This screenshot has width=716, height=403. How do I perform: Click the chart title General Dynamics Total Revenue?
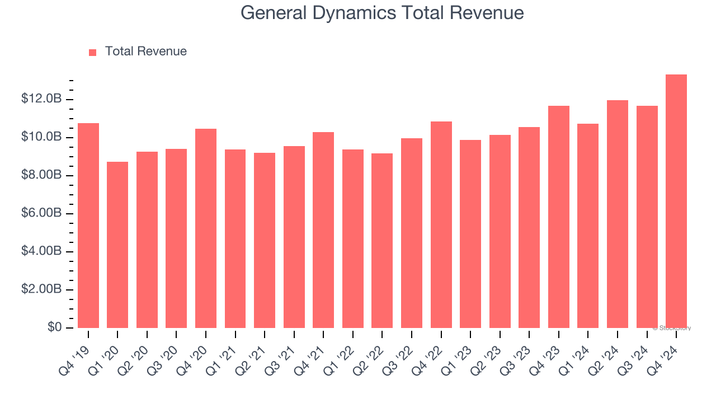[382, 12]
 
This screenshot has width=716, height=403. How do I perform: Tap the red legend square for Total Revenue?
[93, 52]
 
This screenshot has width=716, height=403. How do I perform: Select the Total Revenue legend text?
[145, 51]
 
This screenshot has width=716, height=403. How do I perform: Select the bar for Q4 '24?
[676, 201]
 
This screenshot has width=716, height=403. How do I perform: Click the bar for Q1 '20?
[117, 245]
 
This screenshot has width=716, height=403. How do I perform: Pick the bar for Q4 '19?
[88, 226]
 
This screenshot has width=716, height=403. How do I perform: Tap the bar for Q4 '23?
[558, 217]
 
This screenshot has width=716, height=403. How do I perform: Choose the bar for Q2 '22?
[382, 241]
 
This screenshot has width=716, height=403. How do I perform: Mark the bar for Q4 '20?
[206, 228]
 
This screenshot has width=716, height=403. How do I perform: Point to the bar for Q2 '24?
[617, 214]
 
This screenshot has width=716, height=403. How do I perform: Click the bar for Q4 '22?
[441, 224]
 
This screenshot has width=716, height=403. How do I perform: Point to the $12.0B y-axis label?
[41, 99]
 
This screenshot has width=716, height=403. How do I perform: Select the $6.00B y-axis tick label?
[41, 213]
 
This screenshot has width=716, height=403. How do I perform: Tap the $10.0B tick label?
[41, 137]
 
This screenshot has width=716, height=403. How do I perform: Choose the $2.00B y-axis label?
[41, 289]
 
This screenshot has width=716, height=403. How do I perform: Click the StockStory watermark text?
[671, 328]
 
